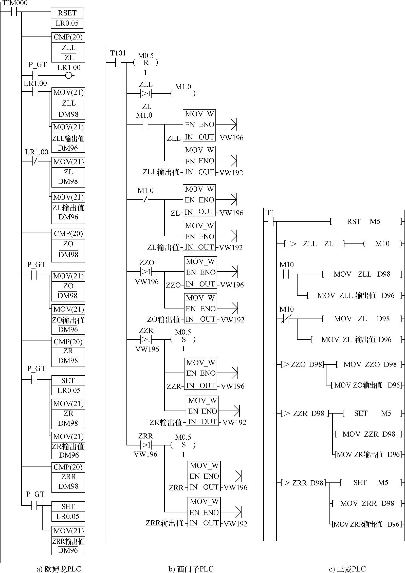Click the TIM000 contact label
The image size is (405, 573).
15,3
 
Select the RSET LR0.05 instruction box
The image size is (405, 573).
67,18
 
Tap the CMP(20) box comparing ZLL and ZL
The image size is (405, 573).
68,47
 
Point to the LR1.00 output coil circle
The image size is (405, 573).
68,75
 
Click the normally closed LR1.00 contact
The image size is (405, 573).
35,161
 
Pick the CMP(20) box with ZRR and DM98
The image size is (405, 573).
68,477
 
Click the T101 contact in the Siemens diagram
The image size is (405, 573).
118,62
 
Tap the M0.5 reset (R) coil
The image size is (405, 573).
146,63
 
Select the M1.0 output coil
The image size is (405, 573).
183,94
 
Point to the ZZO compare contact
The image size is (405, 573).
146,272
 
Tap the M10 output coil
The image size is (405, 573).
382,244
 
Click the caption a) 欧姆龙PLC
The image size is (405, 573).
59,569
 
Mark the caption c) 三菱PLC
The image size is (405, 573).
347,569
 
